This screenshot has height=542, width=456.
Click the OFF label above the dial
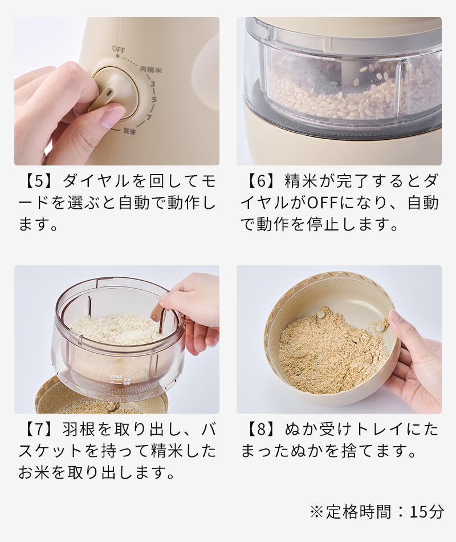119,50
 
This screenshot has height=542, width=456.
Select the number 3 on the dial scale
153,83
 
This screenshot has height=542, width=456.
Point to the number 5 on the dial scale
154,100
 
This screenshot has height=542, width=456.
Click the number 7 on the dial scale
149,117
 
